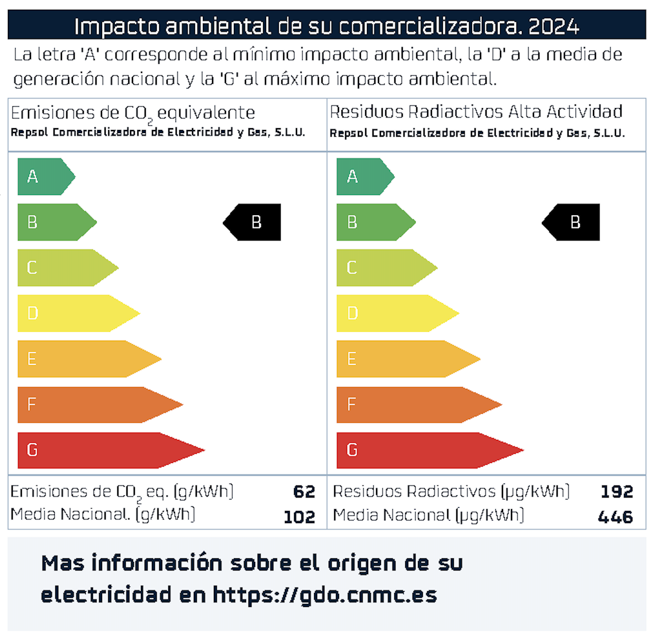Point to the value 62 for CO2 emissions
click(x=304, y=492)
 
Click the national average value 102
click(x=300, y=517)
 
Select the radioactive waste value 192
click(x=617, y=492)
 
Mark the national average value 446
click(x=615, y=517)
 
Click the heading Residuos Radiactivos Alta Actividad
click(x=476, y=112)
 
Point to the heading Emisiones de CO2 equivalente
click(x=133, y=113)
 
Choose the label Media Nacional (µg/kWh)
click(x=428, y=516)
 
